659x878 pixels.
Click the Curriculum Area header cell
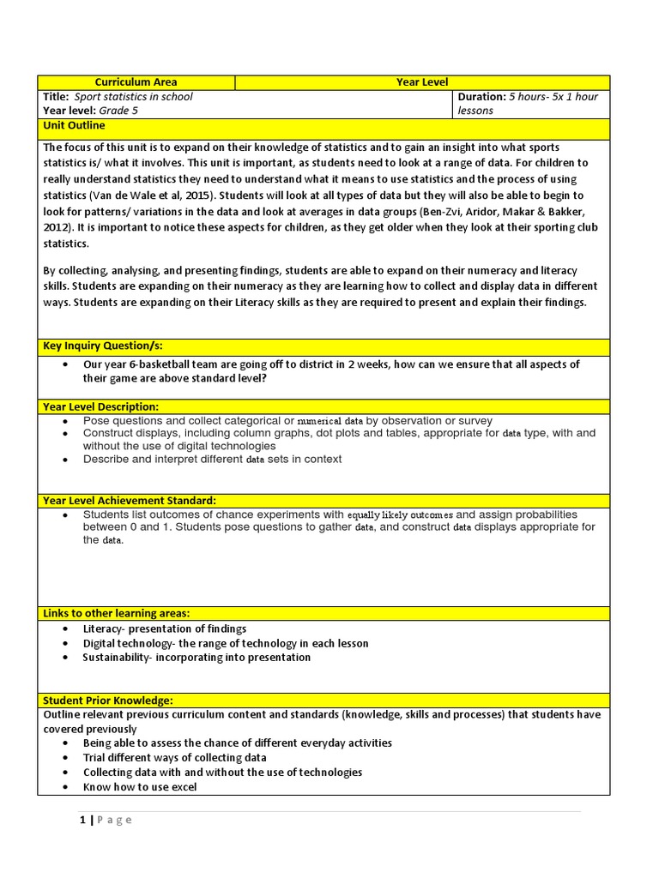136,82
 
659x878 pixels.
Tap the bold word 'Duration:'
481,97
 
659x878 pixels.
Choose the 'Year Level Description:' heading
100,406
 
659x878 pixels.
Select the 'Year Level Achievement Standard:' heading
129,500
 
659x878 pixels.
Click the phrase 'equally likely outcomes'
400,515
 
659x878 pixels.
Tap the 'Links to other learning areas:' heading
116,613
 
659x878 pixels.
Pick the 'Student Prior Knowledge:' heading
107,701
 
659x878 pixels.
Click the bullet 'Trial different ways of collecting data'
174,758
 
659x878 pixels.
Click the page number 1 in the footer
82,820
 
